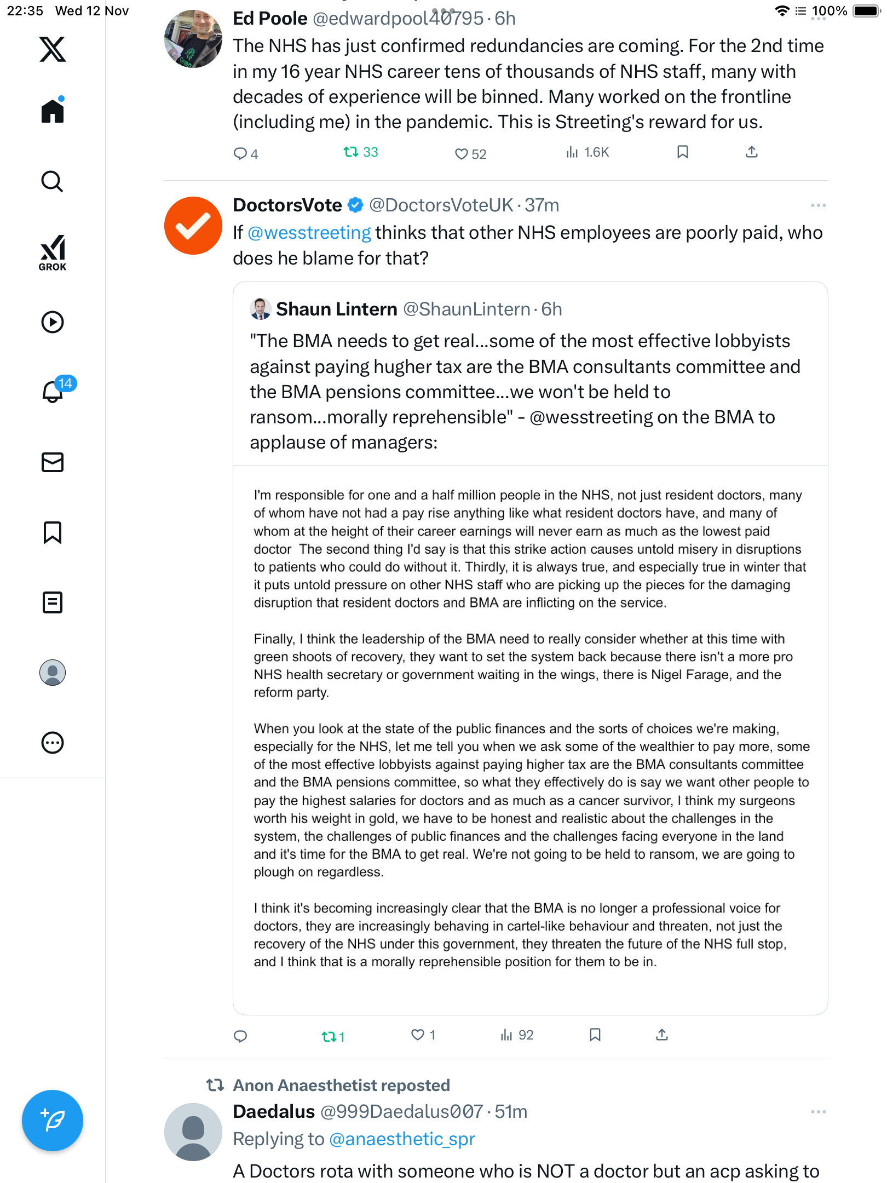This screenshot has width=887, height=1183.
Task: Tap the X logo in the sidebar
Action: [53, 49]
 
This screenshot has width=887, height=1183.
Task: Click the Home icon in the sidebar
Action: [53, 111]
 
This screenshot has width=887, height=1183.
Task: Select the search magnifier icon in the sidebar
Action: [53, 181]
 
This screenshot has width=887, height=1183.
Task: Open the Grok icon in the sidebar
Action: [53, 252]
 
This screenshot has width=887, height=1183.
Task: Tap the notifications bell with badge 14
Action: [53, 391]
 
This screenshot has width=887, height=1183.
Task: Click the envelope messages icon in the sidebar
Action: [53, 462]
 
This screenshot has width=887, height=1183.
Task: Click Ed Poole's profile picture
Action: [193, 39]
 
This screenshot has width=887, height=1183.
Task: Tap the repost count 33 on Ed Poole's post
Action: [361, 152]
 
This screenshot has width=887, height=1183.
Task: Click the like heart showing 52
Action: [470, 154]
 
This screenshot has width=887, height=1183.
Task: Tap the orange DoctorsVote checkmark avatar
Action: [193, 226]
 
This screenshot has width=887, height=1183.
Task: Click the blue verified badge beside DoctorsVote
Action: [356, 205]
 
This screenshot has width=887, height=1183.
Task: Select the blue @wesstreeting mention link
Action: [309, 233]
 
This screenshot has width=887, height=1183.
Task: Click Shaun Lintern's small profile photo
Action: [261, 309]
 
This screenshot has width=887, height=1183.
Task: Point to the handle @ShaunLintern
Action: [466, 309]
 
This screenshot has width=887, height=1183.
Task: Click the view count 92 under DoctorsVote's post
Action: [517, 1035]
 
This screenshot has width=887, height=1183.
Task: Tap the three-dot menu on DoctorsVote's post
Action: [818, 205]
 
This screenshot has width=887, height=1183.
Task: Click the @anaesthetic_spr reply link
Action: [402, 1139]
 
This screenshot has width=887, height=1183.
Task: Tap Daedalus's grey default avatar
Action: [193, 1132]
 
